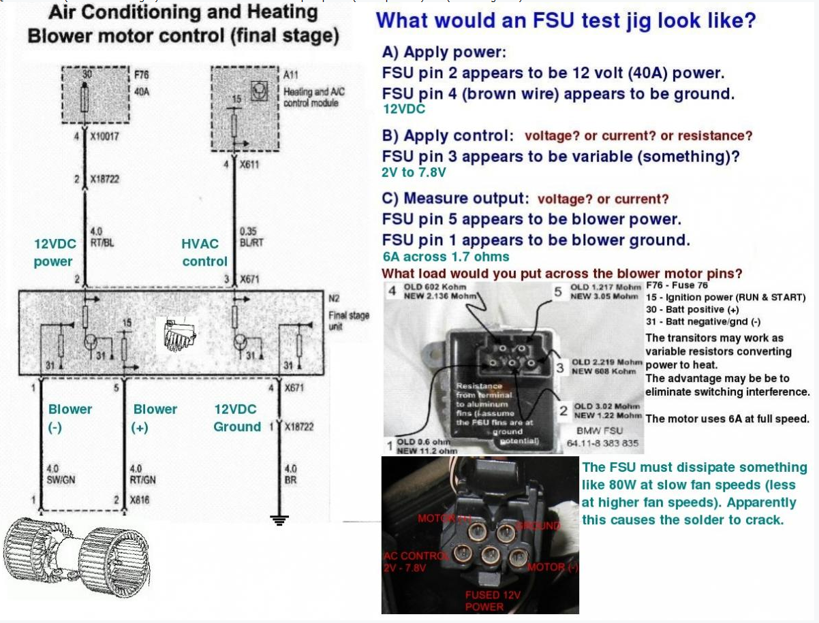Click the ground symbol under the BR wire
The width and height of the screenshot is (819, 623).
(x=279, y=520)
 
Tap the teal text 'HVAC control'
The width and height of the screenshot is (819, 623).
(x=204, y=253)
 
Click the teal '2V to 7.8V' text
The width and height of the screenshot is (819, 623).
(x=414, y=173)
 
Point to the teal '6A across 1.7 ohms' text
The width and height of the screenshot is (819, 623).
(x=446, y=257)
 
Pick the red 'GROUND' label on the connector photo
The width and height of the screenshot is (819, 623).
(x=538, y=525)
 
